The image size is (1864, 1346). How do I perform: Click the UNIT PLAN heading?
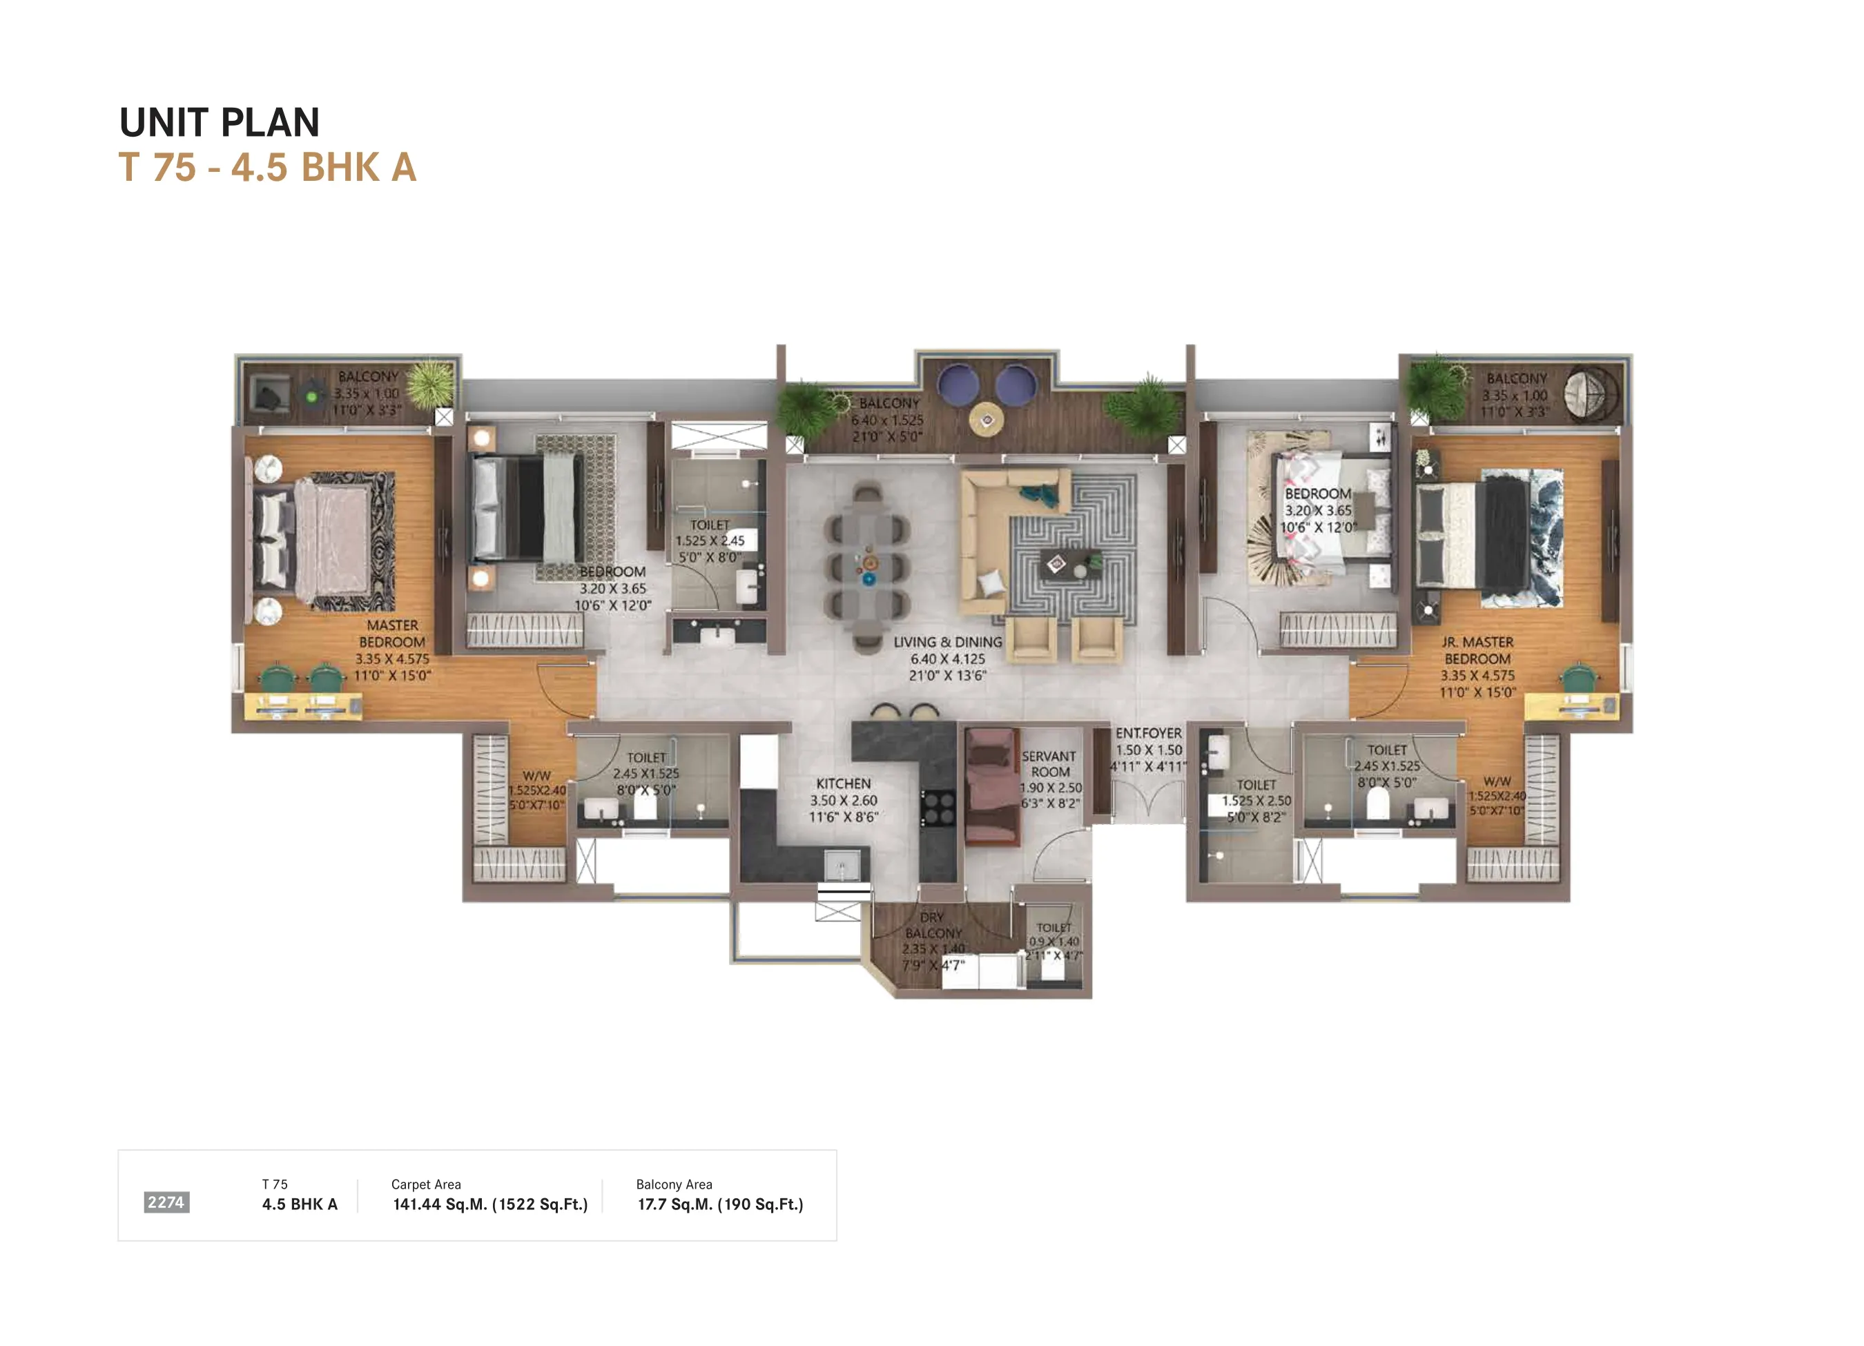(x=220, y=122)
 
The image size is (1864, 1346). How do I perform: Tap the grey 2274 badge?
(x=166, y=1202)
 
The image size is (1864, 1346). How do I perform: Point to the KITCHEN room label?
(x=843, y=784)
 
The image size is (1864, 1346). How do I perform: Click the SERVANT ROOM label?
(x=1049, y=763)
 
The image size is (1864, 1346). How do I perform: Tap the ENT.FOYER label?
(x=1148, y=733)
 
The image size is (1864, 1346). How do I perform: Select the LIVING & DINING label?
(x=948, y=642)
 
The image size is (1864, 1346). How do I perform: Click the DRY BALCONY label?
(x=933, y=925)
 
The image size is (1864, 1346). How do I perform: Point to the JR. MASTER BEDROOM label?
(x=1477, y=650)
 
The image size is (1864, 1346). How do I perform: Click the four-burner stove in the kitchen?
(x=938, y=807)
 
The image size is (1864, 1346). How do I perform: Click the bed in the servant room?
(x=991, y=787)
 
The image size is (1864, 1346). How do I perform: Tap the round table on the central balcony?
(x=987, y=420)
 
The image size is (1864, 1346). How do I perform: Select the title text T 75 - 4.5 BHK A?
(x=268, y=168)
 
